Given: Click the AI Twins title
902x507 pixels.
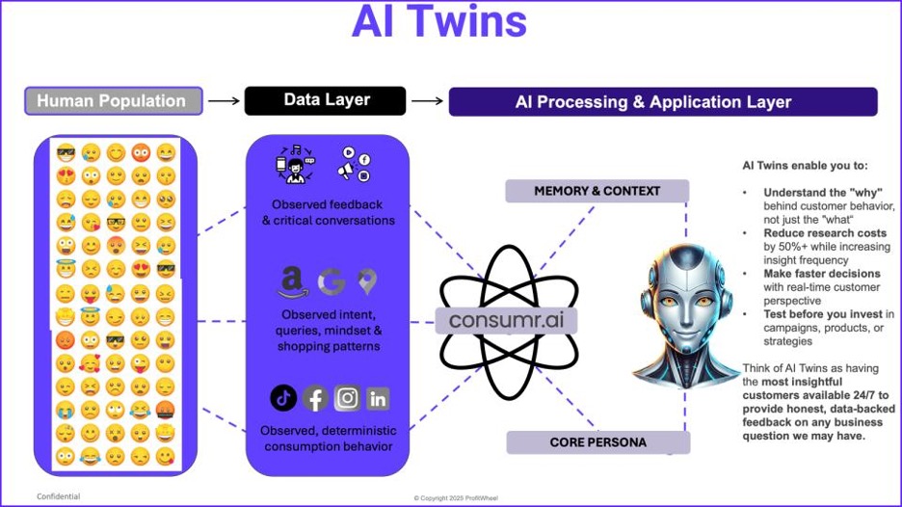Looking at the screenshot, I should pos(439,23).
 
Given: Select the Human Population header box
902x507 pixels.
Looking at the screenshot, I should pos(114,101).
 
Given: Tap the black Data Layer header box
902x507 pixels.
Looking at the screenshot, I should pos(327,100).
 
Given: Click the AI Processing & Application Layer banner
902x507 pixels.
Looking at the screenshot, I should pos(663,102).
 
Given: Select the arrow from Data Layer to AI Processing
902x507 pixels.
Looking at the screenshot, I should pos(428,100).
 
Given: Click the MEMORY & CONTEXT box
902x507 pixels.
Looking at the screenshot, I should pos(597,191).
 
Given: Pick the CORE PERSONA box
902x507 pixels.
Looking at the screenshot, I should pos(597,442).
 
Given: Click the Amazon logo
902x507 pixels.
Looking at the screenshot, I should pos(291,282).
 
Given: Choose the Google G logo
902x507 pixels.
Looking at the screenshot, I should pos(331,282).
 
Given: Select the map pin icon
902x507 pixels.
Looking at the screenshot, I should pos(365,280).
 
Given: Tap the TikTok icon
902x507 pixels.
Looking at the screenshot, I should pos(283,397).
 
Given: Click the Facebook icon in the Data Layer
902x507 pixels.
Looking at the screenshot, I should pos(315,398).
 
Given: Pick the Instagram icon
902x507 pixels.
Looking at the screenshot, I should pos(347,398).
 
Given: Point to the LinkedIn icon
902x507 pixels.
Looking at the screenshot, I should pos(378,398).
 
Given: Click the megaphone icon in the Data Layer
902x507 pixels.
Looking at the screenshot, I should pos(345,168).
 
